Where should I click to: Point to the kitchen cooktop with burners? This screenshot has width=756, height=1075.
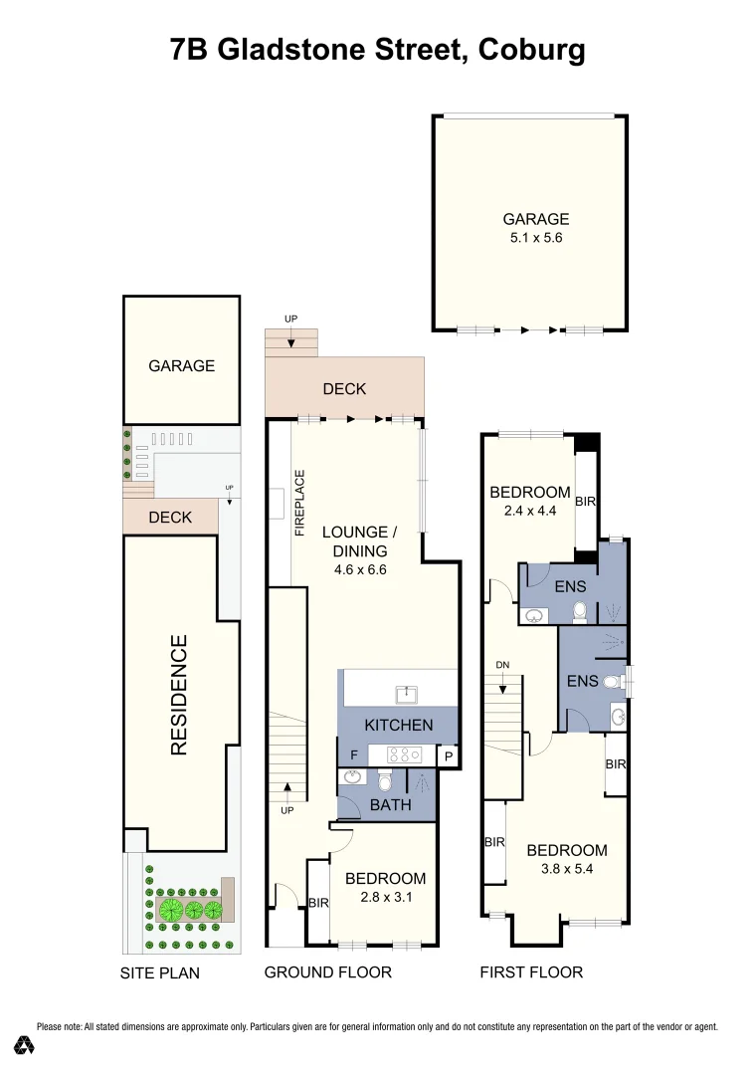tap(405, 753)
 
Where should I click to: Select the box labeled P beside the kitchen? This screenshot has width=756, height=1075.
tap(449, 756)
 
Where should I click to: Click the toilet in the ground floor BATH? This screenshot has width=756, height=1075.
tap(386, 782)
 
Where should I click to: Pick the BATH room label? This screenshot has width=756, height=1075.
tap(390, 805)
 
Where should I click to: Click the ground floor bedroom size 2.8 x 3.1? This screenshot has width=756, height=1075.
tap(384, 897)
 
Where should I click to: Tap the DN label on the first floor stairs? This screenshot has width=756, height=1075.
tap(503, 665)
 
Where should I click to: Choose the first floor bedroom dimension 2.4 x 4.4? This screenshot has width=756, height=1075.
tap(529, 511)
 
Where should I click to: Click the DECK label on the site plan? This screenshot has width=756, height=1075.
tap(170, 518)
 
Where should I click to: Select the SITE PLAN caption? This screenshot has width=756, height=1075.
tap(160, 972)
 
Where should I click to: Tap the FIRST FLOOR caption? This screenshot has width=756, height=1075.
tap(531, 971)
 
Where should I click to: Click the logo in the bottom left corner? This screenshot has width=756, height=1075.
tap(25, 1045)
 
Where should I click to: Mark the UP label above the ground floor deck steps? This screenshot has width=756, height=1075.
tap(290, 319)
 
